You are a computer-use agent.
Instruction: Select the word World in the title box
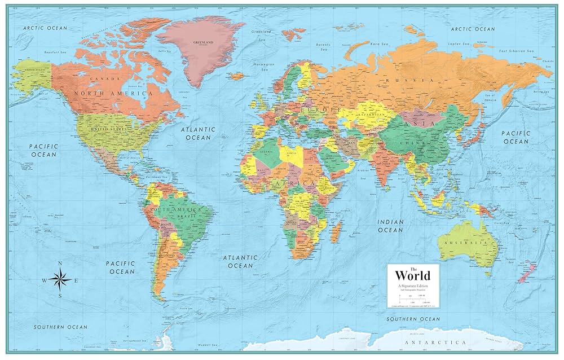click(412, 275)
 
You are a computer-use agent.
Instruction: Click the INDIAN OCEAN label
click(390, 226)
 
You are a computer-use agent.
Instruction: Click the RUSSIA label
click(397, 81)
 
